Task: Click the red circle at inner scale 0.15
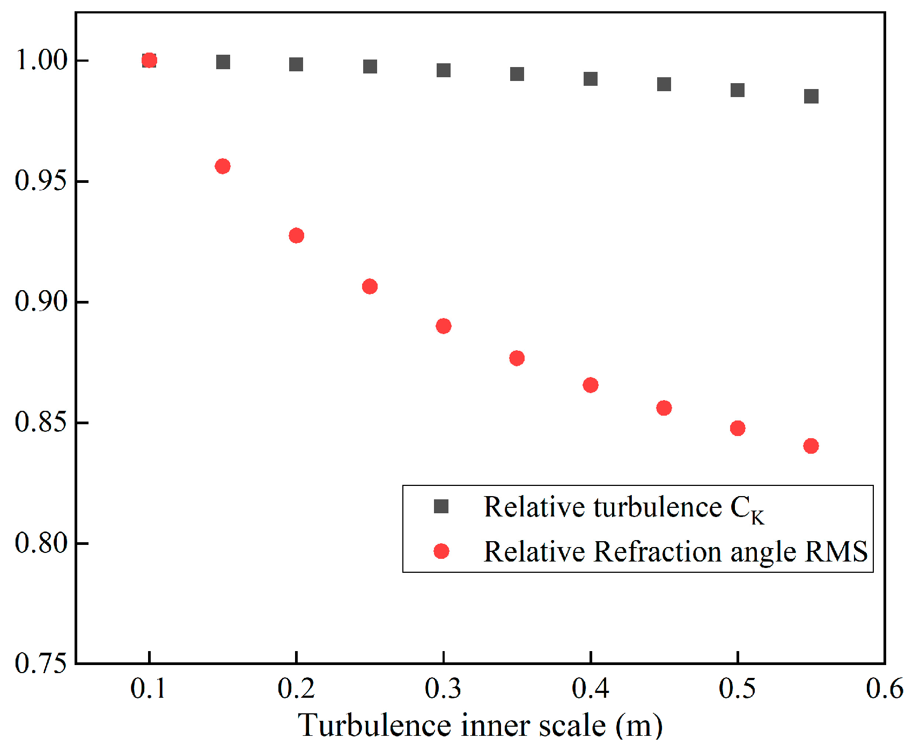[223, 166]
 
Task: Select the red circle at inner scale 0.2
[296, 235]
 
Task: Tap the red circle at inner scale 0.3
[444, 326]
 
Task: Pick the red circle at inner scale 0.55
[811, 446]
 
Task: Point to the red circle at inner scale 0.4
[591, 385]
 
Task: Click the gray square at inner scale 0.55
[811, 97]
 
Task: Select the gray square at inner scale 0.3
[444, 70]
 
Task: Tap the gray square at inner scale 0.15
[223, 62]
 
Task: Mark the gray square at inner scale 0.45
[664, 84]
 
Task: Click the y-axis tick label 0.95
[41, 181]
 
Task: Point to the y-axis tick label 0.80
[41, 543]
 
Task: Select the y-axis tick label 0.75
[41, 664]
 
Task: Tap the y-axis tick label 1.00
[41, 60]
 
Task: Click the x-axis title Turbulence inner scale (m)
[480, 726]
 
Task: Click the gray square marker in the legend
[441, 506]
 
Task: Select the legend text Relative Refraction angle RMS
[675, 552]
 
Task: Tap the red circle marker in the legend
[441, 551]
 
